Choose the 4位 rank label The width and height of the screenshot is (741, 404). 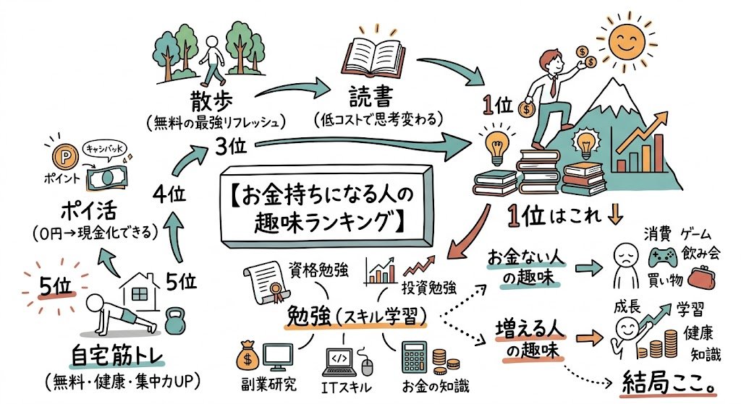point(172,193)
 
